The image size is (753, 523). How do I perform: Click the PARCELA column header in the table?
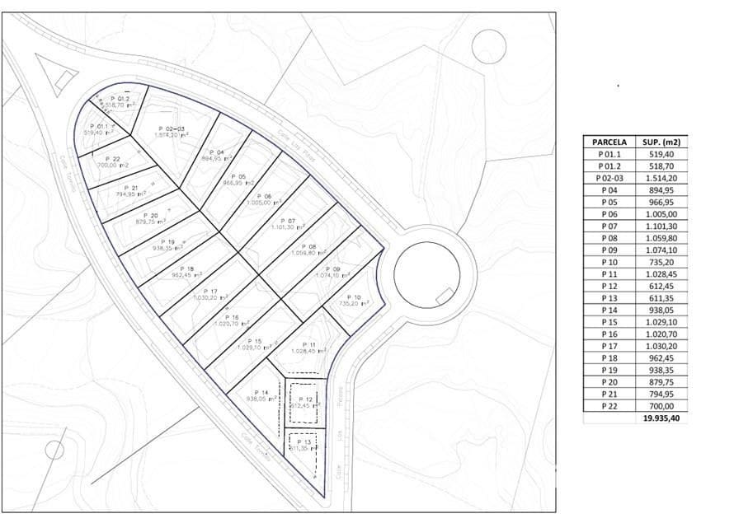coord(609,142)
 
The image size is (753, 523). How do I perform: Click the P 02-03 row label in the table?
coord(609,178)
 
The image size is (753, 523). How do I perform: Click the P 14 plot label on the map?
coord(261,392)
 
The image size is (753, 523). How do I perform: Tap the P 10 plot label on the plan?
coord(354,297)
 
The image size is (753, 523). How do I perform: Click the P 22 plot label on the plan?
coord(113,159)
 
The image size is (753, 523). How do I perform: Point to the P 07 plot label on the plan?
coord(287,221)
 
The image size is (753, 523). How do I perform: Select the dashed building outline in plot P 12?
coord(302,403)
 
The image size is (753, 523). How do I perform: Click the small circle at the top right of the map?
coord(488,46)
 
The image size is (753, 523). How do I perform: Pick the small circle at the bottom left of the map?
coord(54,450)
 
